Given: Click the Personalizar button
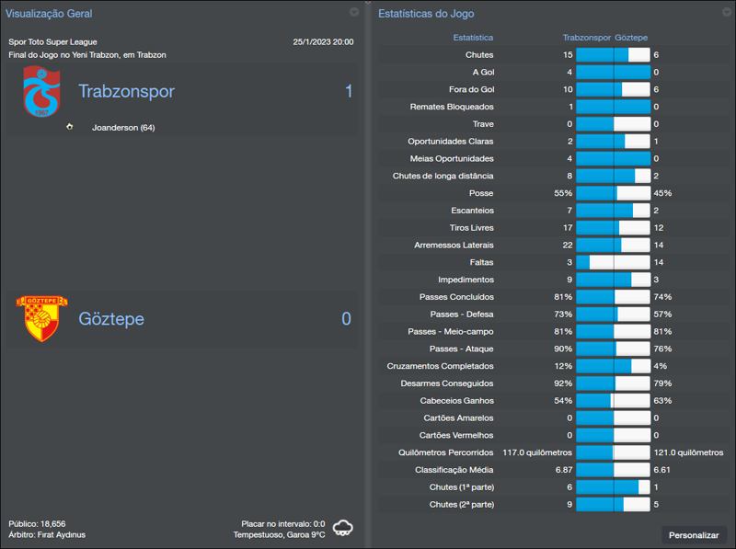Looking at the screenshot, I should coord(694,534).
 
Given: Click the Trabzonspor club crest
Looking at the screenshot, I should coord(41,92).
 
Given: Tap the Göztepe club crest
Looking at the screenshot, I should coord(41,318).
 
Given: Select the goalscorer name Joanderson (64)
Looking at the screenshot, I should coord(123,128).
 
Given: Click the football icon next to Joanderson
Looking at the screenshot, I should coord(69,127).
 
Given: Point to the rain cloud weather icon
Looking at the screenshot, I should coord(344,528).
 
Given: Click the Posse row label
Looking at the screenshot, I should coord(480,193).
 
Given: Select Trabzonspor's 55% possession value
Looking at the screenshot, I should coord(563,193).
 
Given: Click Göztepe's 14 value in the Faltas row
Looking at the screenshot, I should coord(658,262).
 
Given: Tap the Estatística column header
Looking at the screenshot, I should coord(473,38).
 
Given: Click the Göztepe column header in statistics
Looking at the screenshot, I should coord(631,38).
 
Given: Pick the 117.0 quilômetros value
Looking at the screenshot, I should coord(537,452).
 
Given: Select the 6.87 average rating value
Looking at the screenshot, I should coord(563,469).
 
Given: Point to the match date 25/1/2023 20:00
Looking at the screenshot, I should coord(323,42).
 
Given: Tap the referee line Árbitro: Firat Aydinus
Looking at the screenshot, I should coord(47,534).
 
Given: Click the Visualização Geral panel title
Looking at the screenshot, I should coord(49,14).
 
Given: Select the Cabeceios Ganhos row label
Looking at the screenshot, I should coord(457,401).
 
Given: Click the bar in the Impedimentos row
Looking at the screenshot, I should coord(613,280).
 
